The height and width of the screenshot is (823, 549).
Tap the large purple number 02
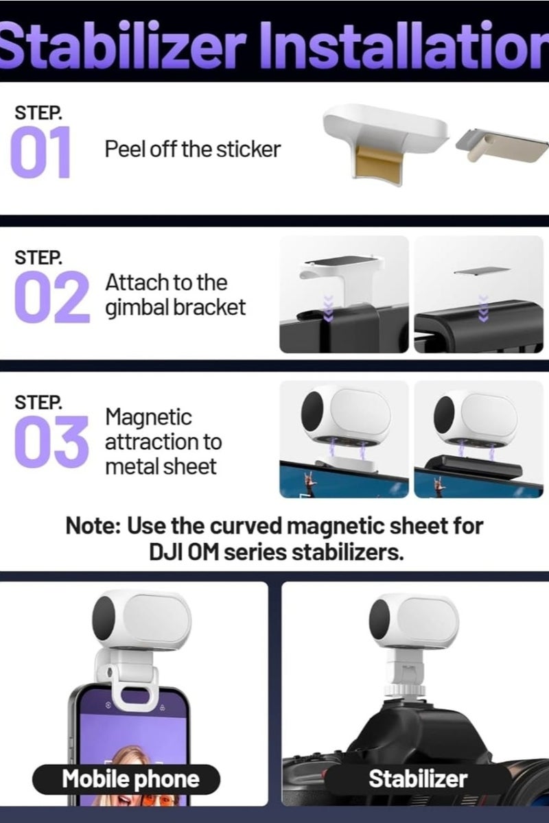tap(51, 296)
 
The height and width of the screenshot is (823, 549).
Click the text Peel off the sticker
tap(192, 149)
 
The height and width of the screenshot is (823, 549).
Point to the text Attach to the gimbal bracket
tap(175, 295)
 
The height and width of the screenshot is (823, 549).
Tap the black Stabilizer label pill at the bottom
tap(418, 779)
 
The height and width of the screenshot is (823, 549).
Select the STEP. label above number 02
tap(38, 258)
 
